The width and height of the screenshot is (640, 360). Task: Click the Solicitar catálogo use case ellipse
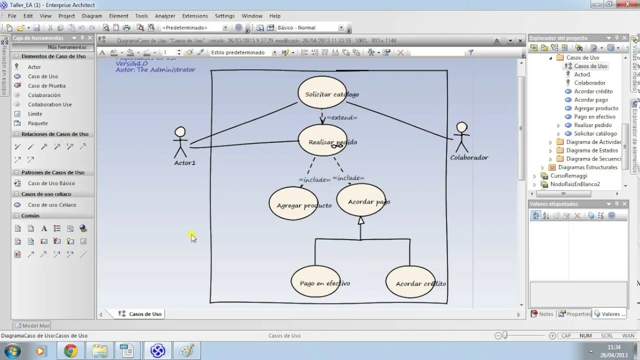(322, 93)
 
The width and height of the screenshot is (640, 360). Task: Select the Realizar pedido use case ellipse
(322, 140)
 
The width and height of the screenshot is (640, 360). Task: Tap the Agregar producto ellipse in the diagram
(293, 203)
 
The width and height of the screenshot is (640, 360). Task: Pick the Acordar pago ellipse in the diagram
(360, 200)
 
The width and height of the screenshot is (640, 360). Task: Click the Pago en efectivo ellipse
(315, 281)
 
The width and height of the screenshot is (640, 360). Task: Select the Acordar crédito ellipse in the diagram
(410, 282)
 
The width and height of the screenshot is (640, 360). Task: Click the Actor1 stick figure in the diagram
(180, 142)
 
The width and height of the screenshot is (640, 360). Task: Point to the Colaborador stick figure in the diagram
(461, 137)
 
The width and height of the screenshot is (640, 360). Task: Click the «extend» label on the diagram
(342, 117)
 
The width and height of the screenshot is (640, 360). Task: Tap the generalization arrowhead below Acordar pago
(360, 220)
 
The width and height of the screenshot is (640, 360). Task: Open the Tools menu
(141, 16)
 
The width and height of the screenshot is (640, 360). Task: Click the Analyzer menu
(165, 16)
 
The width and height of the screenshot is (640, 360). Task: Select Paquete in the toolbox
(38, 123)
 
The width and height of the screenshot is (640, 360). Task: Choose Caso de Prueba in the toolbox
(46, 86)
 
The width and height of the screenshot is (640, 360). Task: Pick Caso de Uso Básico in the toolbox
(51, 183)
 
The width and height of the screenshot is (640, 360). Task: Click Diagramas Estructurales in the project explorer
(587, 167)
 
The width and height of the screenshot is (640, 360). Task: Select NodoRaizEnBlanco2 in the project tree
(575, 184)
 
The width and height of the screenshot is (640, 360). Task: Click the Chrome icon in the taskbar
(70, 351)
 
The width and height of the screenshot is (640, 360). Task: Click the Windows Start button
(11, 350)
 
